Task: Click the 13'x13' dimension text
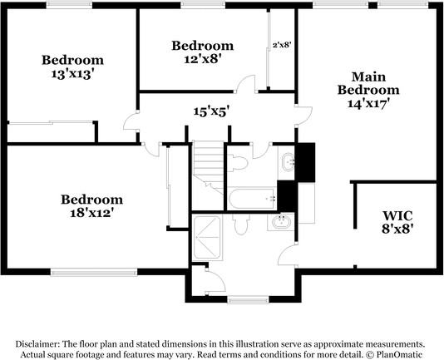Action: click(x=72, y=73)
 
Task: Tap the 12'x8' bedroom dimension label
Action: click(x=202, y=58)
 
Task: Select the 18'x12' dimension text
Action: click(x=91, y=213)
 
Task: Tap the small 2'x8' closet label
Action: click(x=281, y=45)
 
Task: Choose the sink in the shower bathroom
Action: click(x=280, y=222)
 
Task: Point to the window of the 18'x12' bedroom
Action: click(x=94, y=270)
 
